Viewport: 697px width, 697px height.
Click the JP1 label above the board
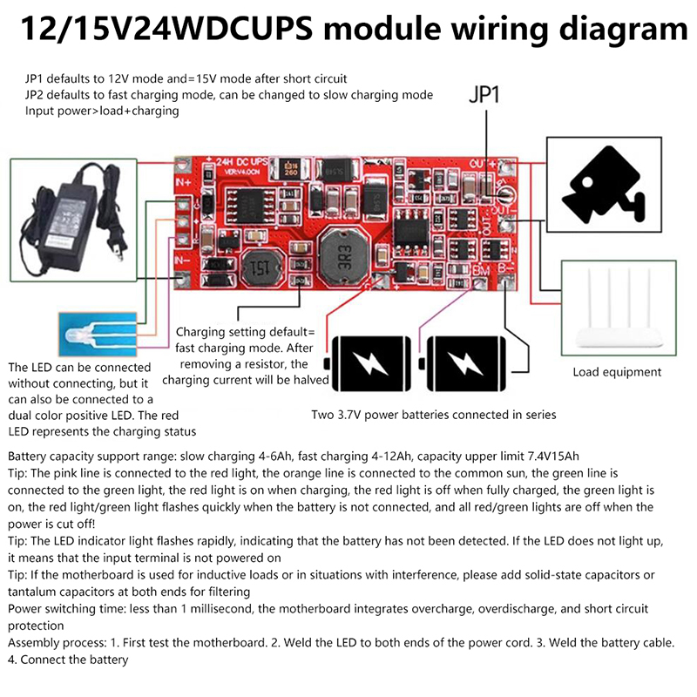pyautogui.click(x=484, y=95)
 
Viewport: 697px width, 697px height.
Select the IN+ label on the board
pyautogui.click(x=182, y=181)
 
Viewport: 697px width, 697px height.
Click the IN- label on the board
pyautogui.click(x=182, y=259)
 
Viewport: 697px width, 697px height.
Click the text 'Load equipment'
pyautogui.click(x=617, y=372)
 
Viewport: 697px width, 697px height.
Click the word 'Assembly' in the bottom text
pyautogui.click(x=35, y=643)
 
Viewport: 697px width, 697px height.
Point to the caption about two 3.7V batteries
pyautogui.click(x=433, y=415)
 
